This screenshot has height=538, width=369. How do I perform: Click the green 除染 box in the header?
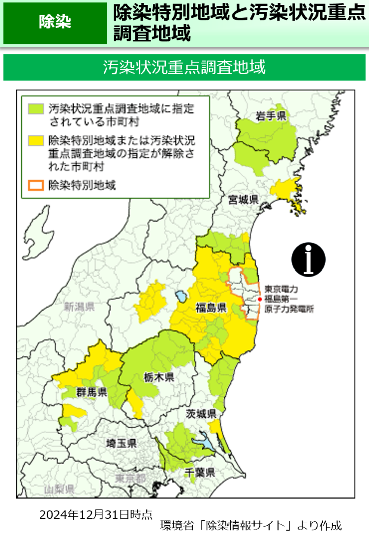point(55,23)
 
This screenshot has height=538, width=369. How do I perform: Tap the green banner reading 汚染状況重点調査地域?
point(184,67)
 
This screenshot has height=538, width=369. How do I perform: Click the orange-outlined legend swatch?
point(35,186)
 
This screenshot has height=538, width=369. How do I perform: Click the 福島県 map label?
point(210,308)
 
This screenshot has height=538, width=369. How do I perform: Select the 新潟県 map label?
point(79,307)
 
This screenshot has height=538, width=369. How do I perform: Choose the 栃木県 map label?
point(159,378)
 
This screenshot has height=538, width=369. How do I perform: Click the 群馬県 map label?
point(92,392)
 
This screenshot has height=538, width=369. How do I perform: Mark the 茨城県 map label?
point(201,413)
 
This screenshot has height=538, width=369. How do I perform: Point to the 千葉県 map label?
point(200,473)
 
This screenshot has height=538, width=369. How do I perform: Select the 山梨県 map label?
point(59,489)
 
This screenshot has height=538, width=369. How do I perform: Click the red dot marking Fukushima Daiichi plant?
point(259,299)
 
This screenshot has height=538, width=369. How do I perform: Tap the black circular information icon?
point(308,259)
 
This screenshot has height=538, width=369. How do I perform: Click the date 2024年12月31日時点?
point(96,515)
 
